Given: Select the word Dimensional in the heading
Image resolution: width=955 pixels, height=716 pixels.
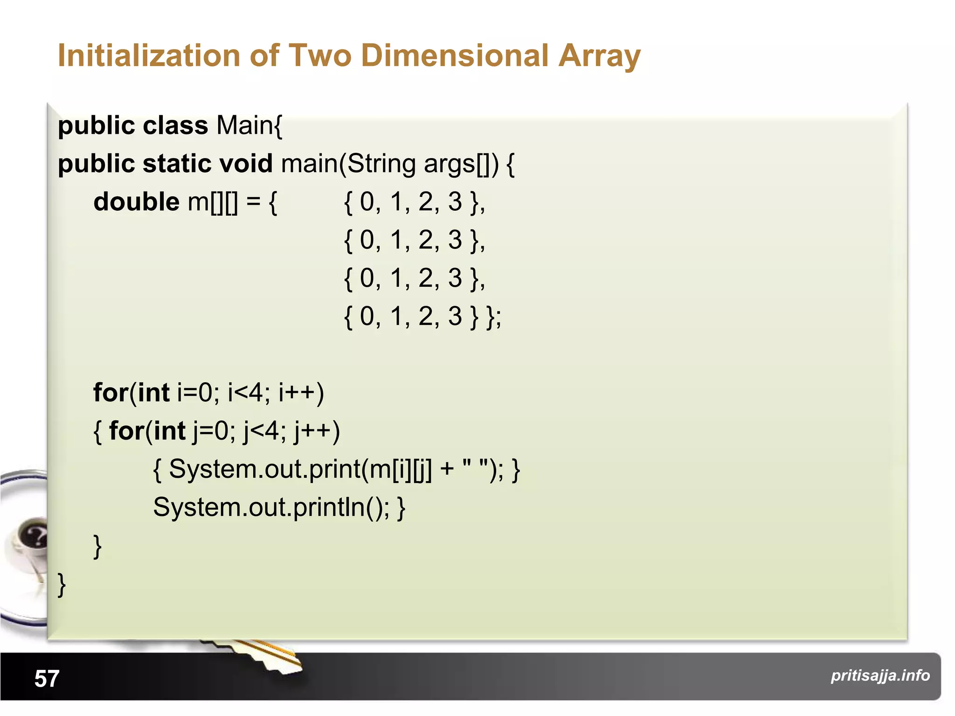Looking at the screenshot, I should (455, 56).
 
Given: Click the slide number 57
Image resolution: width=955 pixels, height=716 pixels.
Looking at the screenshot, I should (47, 678).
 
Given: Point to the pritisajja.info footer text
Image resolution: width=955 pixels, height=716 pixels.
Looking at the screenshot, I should (880, 675).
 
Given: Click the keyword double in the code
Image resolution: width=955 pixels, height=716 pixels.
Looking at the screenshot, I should (136, 202).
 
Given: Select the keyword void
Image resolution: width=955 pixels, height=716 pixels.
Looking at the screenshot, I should (245, 164).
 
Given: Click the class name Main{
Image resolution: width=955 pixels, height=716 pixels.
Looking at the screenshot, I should (249, 125).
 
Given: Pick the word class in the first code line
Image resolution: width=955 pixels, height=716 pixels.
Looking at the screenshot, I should (175, 125).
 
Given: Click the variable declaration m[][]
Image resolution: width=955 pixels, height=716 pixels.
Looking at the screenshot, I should (212, 202).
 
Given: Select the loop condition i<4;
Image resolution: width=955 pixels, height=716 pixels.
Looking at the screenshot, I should (249, 392).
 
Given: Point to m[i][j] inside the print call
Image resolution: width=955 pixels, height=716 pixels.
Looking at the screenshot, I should (400, 469).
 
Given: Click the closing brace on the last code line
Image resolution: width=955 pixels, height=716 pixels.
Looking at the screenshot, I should (62, 585).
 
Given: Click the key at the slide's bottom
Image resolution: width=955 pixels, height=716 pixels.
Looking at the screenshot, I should (261, 655).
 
